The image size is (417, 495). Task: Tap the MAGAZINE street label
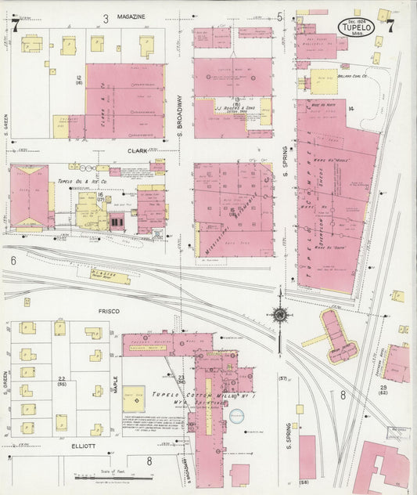pos(131,16)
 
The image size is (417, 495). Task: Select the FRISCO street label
pos(109,311)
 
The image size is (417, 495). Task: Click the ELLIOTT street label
pos(83,446)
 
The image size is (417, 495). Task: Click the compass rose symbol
pos(279,315)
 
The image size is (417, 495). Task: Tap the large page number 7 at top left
pos(16,25)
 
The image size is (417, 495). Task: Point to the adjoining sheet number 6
pos(13,260)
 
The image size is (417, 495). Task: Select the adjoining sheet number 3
pos(106,16)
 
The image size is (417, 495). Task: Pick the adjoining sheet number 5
pos(279,16)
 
